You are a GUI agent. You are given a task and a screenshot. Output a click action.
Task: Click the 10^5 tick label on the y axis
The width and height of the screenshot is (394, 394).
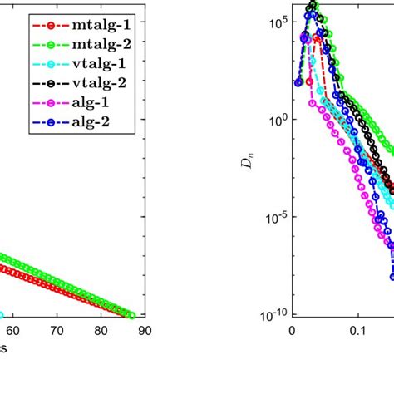(276, 22)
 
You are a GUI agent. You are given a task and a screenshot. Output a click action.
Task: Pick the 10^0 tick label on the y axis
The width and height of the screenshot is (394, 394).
(276, 120)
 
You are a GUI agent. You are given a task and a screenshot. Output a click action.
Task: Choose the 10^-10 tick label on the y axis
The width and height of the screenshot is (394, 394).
(272, 315)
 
